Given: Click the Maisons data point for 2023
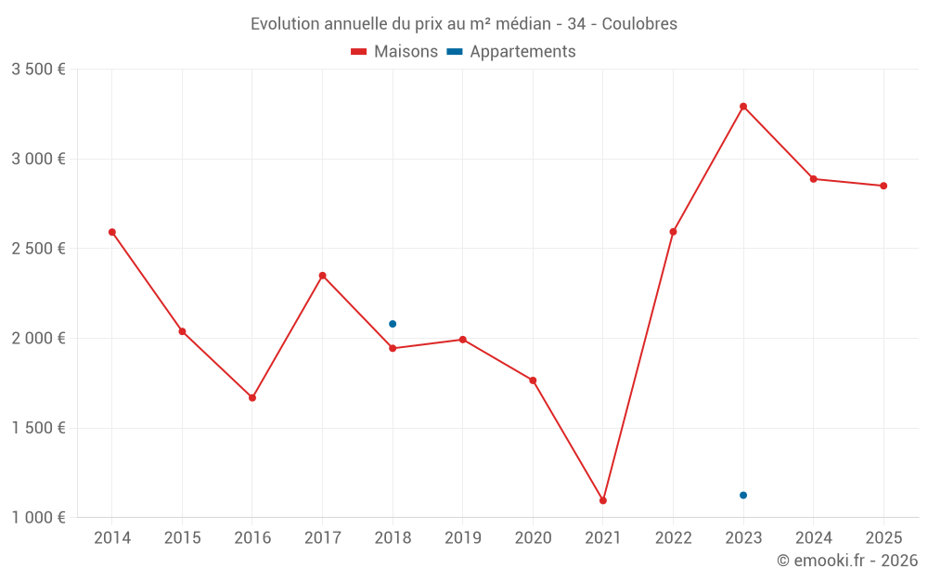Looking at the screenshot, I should [743, 107].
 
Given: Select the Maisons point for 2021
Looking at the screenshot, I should [603, 500].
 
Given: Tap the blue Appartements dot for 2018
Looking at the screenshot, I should [393, 324].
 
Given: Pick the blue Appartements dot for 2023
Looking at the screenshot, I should [743, 496].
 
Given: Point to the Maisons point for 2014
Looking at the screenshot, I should [112, 232].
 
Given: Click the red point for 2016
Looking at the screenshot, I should [252, 397].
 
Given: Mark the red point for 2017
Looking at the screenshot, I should [323, 276].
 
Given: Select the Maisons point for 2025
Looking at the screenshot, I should [883, 186].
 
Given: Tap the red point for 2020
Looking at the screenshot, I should [533, 380].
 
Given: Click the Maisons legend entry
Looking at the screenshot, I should [394, 52].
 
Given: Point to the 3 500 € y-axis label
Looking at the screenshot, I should [38, 70].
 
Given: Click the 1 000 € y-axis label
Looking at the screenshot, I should [38, 518].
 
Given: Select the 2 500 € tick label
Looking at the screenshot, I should [38, 249].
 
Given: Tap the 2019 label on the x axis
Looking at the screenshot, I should [463, 537].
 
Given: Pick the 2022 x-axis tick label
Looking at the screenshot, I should [673, 537].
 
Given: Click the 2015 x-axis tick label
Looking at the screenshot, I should [182, 537].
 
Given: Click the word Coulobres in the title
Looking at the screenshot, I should [639, 24].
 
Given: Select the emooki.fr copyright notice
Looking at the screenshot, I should [847, 561].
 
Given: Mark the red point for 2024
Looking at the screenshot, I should [814, 179].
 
